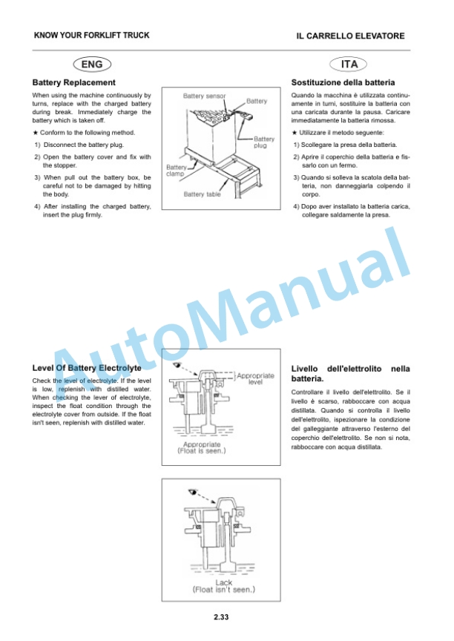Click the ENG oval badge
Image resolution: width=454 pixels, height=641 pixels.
pos(92,65)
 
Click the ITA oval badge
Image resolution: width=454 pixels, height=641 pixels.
pos(348,65)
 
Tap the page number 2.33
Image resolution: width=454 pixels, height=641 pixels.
pos(221,617)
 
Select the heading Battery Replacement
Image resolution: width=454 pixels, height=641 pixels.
pos(73,82)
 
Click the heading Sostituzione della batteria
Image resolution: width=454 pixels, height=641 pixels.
pos(343,82)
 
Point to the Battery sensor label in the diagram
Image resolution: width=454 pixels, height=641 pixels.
pos(204,96)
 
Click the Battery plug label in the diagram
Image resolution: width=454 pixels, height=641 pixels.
pos(263,142)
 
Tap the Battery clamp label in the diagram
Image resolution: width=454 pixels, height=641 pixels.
pos(176,171)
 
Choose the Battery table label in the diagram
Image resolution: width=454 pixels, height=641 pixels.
pos(202,194)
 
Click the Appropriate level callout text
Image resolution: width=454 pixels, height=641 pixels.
pos(255,378)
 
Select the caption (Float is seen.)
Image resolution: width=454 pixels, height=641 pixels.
pos(202,451)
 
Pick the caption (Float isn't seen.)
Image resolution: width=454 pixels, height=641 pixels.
pos(223,590)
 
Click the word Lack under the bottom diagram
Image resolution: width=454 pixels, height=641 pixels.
pos(223,582)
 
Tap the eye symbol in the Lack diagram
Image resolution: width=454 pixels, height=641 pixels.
pos(191,491)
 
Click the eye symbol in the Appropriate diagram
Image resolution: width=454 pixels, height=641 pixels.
pos(176,364)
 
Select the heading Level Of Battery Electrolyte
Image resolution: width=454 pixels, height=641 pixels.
pos(87,368)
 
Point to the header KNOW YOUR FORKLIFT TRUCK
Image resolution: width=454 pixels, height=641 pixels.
pos(91,35)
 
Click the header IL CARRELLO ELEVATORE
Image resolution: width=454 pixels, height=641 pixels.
pos(350,36)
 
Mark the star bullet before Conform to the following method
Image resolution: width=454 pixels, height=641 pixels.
pos(35,133)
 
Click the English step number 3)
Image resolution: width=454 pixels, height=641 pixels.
pos(37,177)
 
